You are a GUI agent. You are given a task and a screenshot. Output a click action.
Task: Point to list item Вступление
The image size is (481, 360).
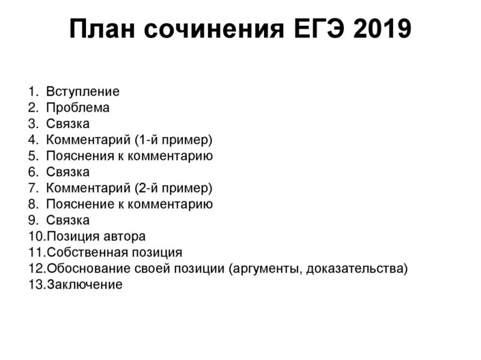[82, 92]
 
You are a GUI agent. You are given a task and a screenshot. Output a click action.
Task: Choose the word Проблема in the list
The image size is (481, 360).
[78, 108]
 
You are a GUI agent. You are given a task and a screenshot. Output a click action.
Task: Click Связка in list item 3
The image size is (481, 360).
[67, 124]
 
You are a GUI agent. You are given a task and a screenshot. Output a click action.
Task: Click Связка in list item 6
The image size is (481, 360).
[67, 172]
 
